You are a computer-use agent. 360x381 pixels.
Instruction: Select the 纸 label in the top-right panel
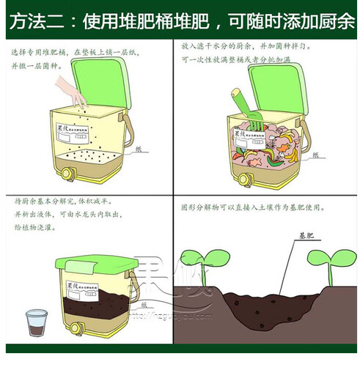pos(315,155)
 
